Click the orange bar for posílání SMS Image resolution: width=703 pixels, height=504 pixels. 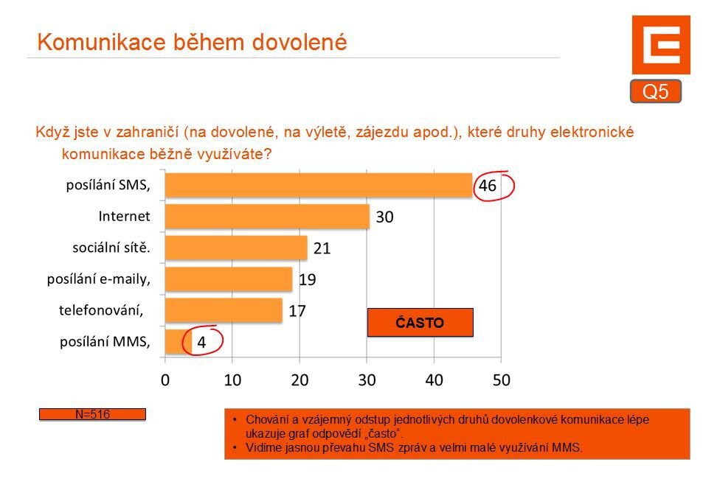click(318, 186)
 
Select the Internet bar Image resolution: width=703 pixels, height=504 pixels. click(267, 217)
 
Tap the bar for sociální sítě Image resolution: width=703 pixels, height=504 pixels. click(236, 248)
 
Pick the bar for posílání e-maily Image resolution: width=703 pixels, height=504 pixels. click(229, 279)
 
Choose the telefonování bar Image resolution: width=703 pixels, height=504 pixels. click(224, 310)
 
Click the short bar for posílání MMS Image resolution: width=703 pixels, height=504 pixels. click(178, 341)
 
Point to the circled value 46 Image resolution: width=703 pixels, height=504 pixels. click(488, 186)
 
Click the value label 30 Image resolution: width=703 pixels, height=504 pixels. click(384, 217)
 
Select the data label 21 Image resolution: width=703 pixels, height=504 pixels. click(322, 248)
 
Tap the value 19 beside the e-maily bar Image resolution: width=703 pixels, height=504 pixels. click(308, 279)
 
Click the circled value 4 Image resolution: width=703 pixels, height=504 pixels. click(201, 343)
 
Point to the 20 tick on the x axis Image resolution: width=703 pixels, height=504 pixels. click(299, 381)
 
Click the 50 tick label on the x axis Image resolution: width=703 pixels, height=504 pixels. click(501, 381)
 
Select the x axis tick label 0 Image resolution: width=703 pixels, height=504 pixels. click(165, 381)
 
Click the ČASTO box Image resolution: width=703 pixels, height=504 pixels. click(420, 323)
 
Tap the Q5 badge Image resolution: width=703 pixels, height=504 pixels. click(655, 91)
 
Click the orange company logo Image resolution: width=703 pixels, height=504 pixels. click(660, 45)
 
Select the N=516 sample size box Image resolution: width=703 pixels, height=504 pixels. click(92, 415)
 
